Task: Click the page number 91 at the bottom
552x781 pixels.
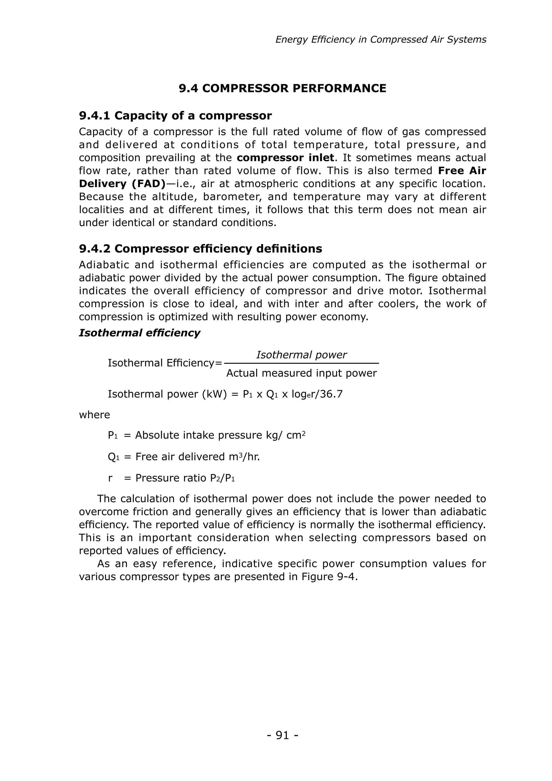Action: (x=282, y=736)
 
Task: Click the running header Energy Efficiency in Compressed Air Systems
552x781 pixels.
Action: (x=381, y=40)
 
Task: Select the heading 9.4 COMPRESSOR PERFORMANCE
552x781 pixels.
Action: (x=282, y=88)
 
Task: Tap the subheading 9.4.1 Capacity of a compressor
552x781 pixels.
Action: (x=175, y=116)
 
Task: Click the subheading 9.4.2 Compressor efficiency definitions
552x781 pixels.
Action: (x=201, y=249)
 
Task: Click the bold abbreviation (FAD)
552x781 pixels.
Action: (x=148, y=184)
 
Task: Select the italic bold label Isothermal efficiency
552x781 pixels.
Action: (x=139, y=333)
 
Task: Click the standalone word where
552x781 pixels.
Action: (x=95, y=415)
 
